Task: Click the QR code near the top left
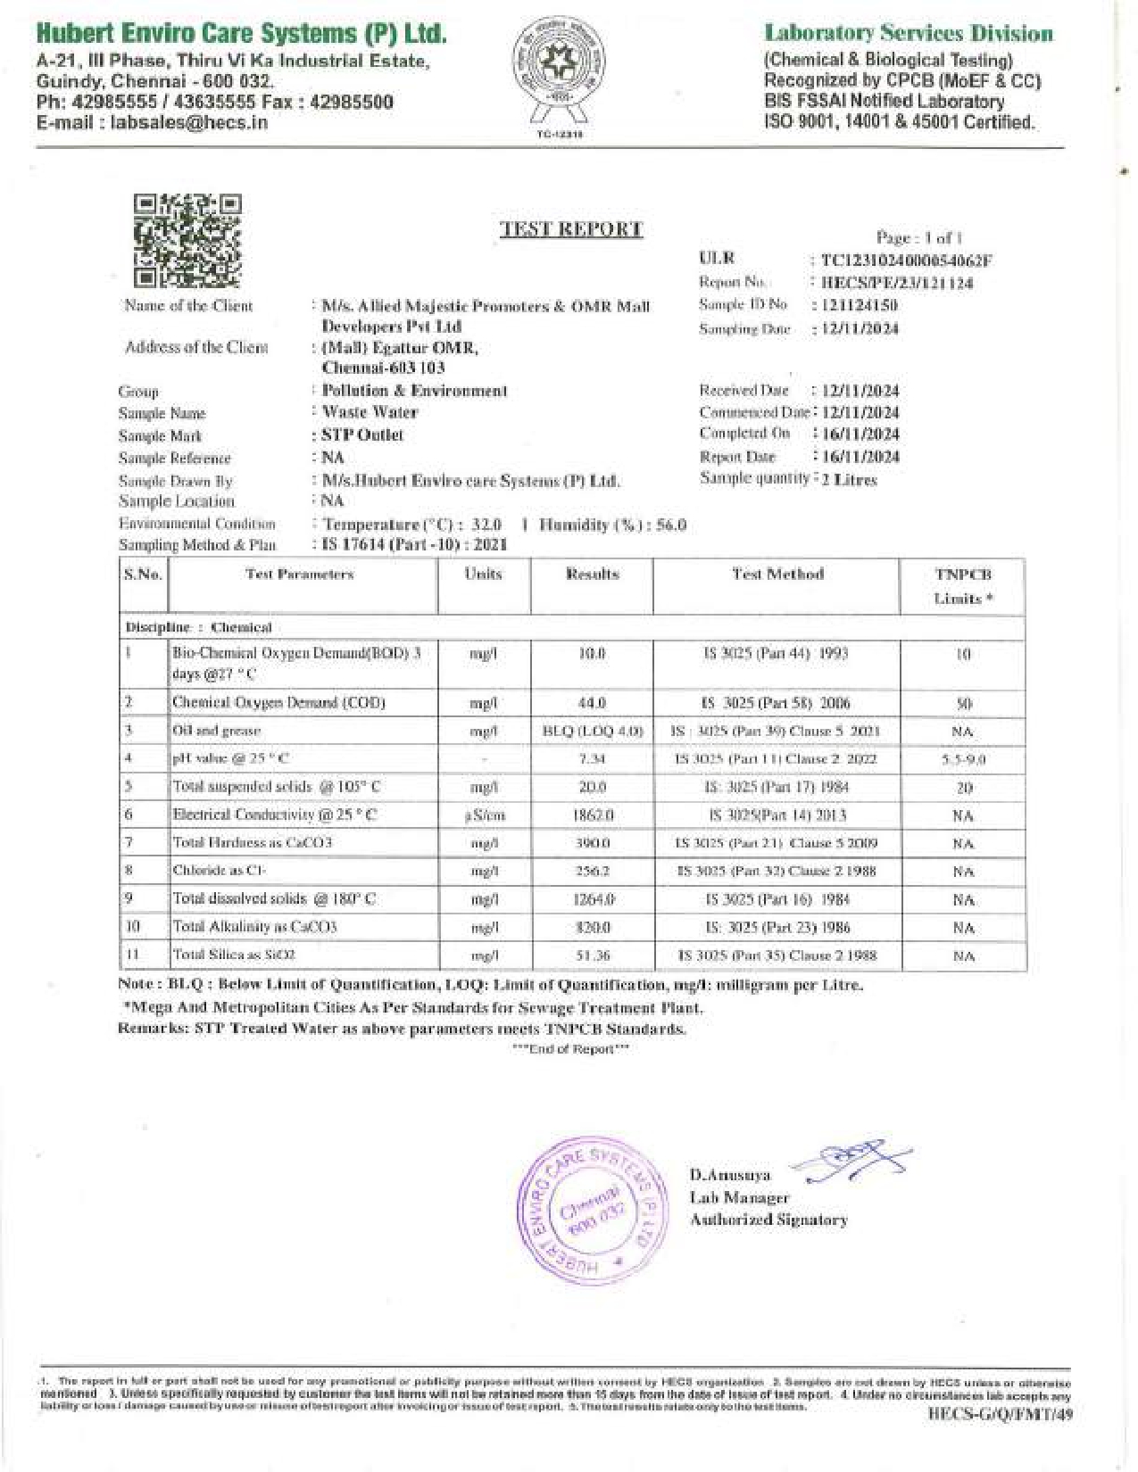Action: (187, 241)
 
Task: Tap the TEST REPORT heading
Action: (571, 229)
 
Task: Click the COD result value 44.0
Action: (592, 703)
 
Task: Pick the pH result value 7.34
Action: (592, 759)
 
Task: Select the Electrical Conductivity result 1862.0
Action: (592, 815)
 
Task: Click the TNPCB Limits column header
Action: (963, 586)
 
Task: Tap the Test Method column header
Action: (777, 575)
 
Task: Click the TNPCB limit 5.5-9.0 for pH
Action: (963, 760)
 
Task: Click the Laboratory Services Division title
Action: (908, 34)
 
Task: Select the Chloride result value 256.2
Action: (592, 871)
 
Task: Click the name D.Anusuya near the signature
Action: (730, 1175)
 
